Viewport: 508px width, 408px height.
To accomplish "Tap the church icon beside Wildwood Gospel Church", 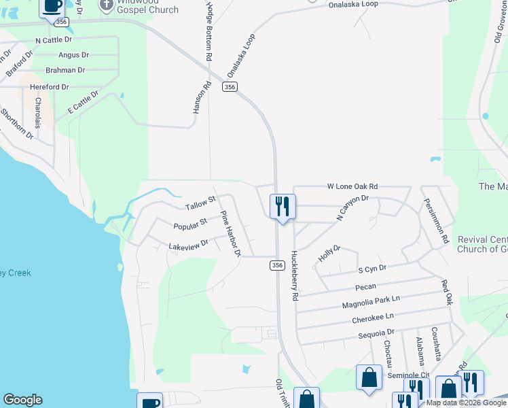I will [x=106, y=5].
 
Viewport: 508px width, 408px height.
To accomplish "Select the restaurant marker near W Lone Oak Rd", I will [x=283, y=206].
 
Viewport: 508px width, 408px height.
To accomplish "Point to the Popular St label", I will [x=190, y=224].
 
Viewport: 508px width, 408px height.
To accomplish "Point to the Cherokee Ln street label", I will [x=373, y=318].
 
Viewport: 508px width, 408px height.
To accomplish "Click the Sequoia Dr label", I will [x=376, y=334].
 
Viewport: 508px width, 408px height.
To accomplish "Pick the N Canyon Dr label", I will [x=352, y=208].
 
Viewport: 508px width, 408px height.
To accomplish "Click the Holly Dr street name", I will [x=329, y=254].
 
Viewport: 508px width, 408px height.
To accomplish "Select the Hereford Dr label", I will [x=47, y=87].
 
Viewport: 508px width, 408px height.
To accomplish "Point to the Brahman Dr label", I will [x=65, y=70].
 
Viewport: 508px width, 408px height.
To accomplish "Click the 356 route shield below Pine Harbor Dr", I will [x=276, y=265].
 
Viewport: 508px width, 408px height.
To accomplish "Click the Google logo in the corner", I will [x=22, y=400].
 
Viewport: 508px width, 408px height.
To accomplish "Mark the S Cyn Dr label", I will [x=372, y=269].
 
